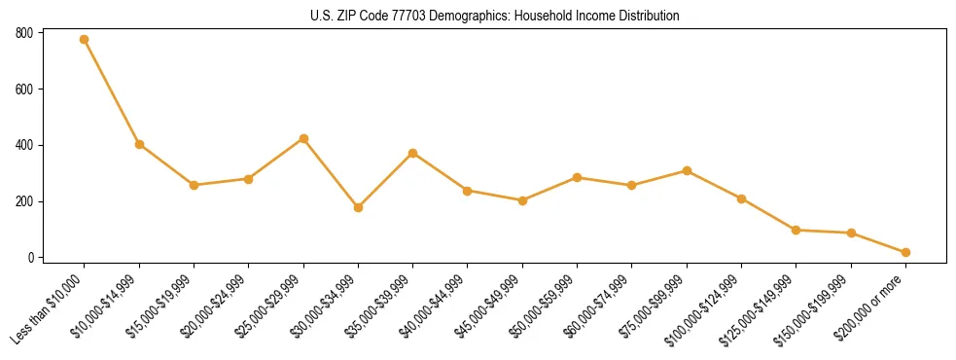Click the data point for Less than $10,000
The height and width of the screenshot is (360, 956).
pyautogui.click(x=85, y=40)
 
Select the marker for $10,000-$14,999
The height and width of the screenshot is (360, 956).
pyautogui.click(x=139, y=144)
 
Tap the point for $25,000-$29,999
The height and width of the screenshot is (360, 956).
pyautogui.click(x=303, y=138)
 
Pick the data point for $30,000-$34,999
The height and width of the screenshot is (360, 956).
pyautogui.click(x=358, y=207)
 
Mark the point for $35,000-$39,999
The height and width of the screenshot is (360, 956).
pyautogui.click(x=413, y=153)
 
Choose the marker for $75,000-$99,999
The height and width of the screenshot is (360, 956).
pyautogui.click(x=687, y=170)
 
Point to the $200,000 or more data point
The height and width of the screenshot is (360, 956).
pyautogui.click(x=905, y=252)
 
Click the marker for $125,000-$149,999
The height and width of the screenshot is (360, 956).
pyautogui.click(x=797, y=230)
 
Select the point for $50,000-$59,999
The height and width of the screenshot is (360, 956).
pyautogui.click(x=578, y=177)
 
